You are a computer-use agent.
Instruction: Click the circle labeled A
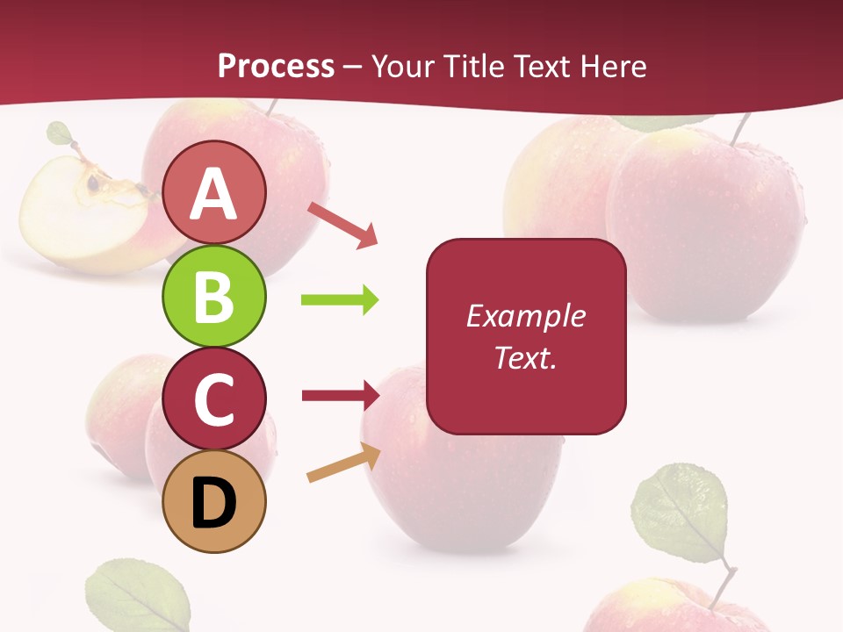(213, 192)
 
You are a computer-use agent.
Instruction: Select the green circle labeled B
(213, 296)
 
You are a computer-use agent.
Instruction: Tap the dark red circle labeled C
(214, 399)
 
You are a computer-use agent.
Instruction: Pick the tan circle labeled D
(214, 502)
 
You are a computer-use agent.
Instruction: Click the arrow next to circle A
(342, 225)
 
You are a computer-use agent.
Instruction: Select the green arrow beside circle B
(340, 300)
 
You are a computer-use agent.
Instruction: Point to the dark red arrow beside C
(340, 395)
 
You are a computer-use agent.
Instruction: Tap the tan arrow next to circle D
(343, 463)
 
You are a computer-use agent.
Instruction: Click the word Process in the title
(276, 66)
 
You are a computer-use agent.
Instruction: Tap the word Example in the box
(525, 316)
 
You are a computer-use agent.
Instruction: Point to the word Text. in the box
(525, 357)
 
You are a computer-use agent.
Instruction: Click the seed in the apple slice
(93, 183)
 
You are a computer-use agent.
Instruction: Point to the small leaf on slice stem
(59, 133)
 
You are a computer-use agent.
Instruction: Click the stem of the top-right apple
(740, 129)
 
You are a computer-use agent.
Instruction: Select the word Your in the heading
(401, 66)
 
